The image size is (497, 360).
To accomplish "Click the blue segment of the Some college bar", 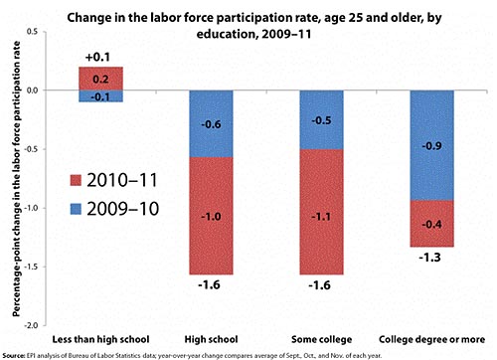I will point(323,119).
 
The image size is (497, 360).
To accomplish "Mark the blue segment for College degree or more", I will point(433,144).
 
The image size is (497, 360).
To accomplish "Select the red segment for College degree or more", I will point(433,224).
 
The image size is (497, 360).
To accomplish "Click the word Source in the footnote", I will point(14,353).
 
